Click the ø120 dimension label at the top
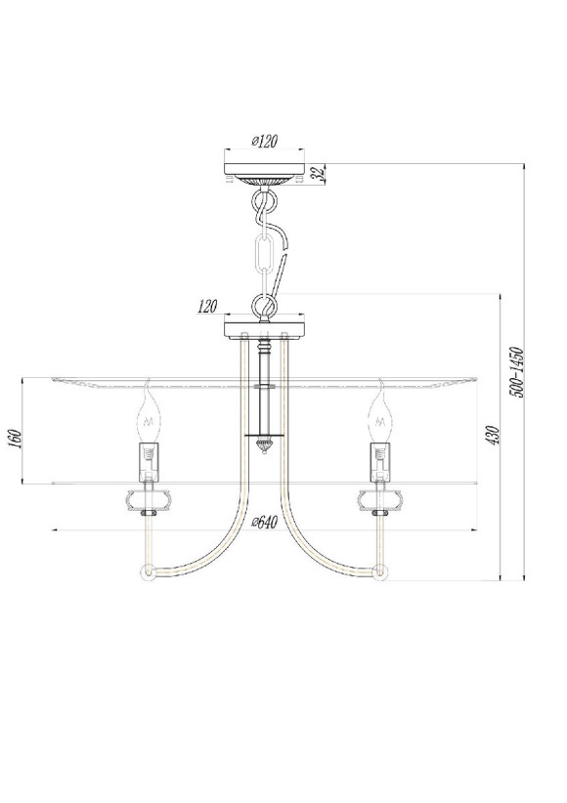point(264,142)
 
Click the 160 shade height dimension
point(14,439)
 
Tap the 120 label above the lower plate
point(206,307)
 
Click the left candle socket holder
point(149,461)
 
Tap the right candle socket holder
point(379,461)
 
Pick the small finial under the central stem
point(263,445)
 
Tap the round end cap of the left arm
point(147,571)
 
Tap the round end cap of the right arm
point(380,571)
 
